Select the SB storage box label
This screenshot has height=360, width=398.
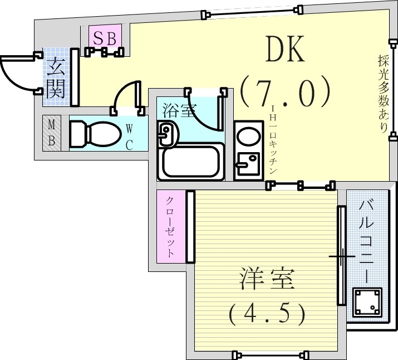pyautogui.click(x=104, y=38)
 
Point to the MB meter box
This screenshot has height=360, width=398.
pyautogui.click(x=51, y=133)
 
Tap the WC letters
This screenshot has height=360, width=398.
pyautogui.click(x=129, y=138)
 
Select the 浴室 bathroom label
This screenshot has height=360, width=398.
pyautogui.click(x=178, y=110)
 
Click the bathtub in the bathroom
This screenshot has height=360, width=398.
pyautogui.click(x=190, y=160)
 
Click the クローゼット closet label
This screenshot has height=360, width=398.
pyautogui.click(x=171, y=227)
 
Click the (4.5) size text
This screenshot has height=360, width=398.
pyautogui.click(x=267, y=314)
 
